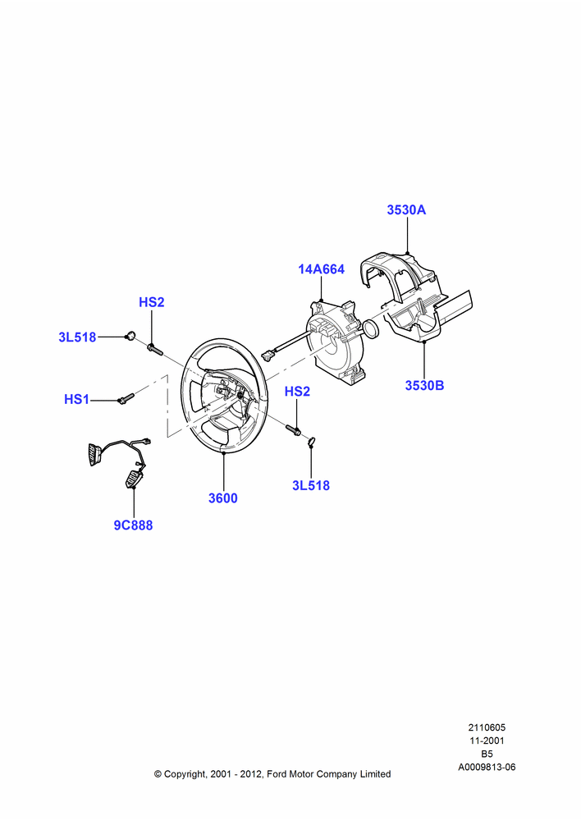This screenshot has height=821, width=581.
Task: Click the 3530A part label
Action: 406,210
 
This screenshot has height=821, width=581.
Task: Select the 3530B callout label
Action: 424,385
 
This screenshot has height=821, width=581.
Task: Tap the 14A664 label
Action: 322,269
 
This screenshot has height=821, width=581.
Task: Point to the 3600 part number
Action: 223,498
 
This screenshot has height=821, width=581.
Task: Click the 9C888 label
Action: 133,525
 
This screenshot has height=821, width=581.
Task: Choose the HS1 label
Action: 76,400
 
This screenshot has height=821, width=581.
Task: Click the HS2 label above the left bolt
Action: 151,302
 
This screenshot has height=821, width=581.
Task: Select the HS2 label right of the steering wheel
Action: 297,391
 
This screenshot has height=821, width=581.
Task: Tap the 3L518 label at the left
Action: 77,337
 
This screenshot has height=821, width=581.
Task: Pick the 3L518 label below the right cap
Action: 311,485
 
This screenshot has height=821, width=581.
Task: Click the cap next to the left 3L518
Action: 130,335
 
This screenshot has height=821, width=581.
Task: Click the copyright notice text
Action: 272,774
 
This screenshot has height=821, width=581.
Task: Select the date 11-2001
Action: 487,741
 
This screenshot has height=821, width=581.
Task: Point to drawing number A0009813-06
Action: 487,767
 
